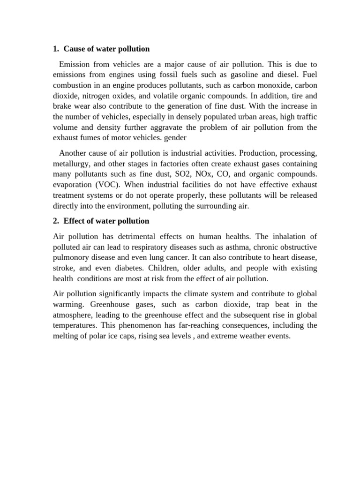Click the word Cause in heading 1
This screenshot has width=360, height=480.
click(x=74, y=49)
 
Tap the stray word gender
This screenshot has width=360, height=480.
click(x=177, y=138)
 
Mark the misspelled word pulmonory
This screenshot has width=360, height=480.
click(x=73, y=258)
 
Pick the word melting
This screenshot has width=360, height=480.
click(x=67, y=336)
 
